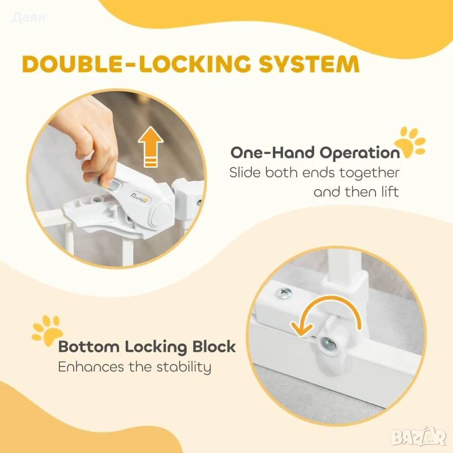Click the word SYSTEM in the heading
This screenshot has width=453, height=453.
point(309,63)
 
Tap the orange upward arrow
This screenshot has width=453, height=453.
point(151,147)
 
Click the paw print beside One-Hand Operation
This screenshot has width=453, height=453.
point(410,143)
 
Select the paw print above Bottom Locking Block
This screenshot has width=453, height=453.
point(47,330)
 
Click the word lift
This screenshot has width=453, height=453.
point(390,191)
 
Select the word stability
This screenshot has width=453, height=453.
point(183,367)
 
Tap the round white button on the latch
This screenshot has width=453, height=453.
point(161,215)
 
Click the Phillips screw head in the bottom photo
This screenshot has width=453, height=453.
point(284,293)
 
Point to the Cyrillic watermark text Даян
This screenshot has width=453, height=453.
point(29,18)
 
